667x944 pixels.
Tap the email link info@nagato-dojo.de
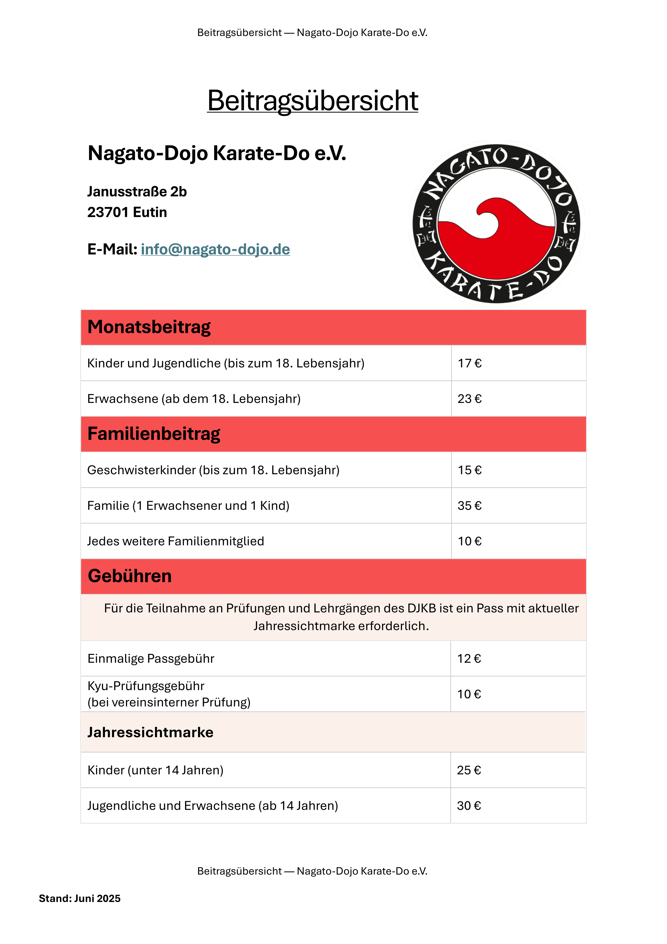215,249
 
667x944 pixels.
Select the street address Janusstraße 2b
137,192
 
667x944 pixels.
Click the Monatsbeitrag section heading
149,327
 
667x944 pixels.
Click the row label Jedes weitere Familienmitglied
175,541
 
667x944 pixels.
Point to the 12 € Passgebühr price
469,659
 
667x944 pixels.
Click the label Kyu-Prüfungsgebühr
146,686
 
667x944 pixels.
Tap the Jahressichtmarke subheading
150,732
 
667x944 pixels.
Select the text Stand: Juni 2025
80,898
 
